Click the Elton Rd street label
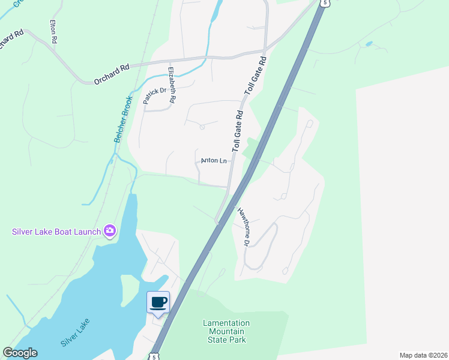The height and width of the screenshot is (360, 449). [53, 31]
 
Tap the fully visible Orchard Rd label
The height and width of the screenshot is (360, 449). [112, 77]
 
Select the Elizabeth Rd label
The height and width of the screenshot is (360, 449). [172, 86]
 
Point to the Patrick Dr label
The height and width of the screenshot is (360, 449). [154, 95]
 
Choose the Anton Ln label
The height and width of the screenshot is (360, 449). [214, 161]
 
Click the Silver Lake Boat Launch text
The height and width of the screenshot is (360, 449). [56, 231]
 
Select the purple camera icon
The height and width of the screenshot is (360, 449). [110, 230]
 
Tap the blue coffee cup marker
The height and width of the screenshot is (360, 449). [158, 302]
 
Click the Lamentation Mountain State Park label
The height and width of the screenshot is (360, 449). [226, 331]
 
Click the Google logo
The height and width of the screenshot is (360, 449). [20, 353]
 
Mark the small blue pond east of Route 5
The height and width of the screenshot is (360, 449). [368, 44]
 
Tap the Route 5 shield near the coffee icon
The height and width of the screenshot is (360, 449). [154, 356]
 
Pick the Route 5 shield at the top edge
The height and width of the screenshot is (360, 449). [325, 3]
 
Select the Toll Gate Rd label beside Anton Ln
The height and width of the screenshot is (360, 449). [238, 130]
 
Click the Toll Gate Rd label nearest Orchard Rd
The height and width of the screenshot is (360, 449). [255, 76]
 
